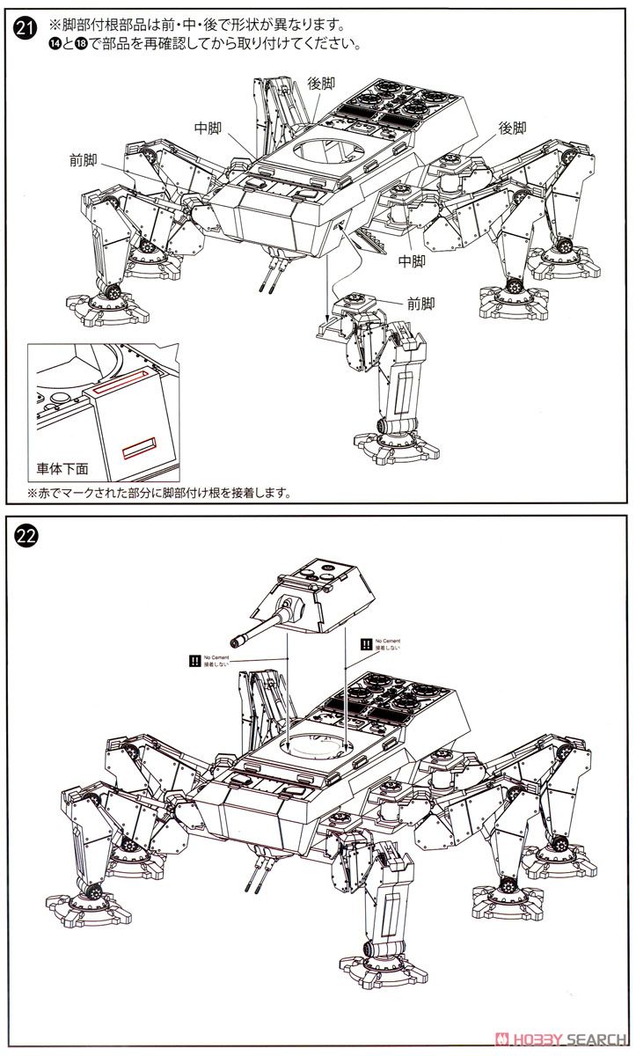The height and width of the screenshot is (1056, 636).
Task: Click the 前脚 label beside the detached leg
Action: click(420, 304)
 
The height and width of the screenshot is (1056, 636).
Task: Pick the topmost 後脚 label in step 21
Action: click(321, 84)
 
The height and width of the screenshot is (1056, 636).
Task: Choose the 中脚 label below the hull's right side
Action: click(411, 260)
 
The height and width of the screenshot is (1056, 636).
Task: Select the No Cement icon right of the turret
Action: click(366, 644)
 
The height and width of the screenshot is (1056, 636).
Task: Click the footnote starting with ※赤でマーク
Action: click(158, 493)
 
